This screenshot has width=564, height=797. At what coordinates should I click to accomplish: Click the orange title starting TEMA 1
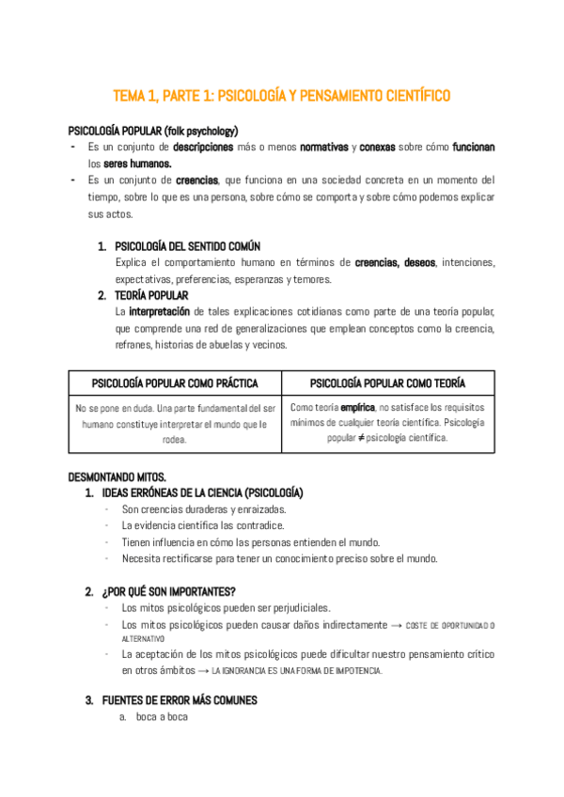[282, 96]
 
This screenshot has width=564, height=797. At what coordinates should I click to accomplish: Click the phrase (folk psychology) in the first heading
[201, 130]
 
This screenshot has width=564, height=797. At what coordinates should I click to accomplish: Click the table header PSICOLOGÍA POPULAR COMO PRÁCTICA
[175, 383]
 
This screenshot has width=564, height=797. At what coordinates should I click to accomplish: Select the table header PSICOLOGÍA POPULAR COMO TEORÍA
[387, 383]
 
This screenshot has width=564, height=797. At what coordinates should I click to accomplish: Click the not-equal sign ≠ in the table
[358, 438]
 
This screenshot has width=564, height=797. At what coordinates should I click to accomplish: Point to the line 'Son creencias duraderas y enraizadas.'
[189, 509]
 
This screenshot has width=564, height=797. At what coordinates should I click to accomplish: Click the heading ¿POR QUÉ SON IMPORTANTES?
[167, 591]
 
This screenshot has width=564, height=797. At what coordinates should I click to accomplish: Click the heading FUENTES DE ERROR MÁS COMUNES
[179, 700]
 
